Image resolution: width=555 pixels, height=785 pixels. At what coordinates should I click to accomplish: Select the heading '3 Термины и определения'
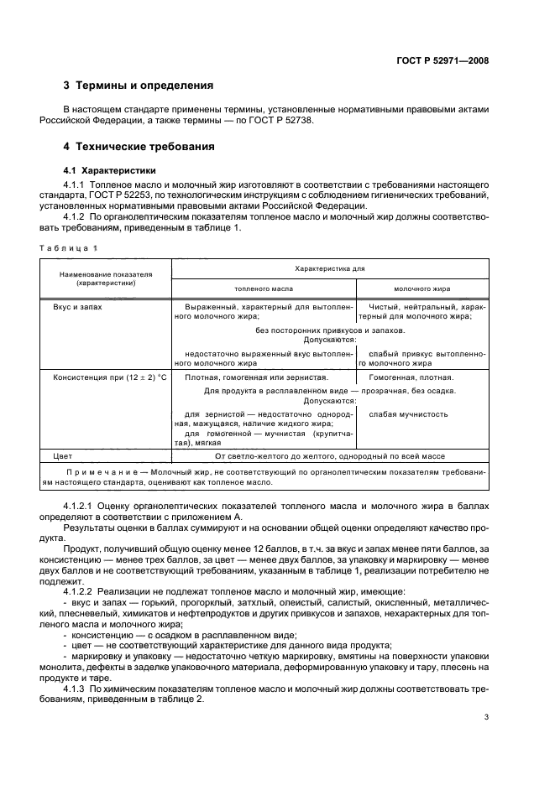(139, 86)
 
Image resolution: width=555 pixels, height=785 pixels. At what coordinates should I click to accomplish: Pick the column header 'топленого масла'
(264, 289)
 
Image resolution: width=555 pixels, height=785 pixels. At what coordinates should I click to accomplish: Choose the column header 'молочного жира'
(421, 289)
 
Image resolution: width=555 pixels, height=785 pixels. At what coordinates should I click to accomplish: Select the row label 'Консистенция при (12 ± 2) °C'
(110, 377)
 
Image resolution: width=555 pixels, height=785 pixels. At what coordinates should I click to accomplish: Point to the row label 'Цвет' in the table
(62, 456)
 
